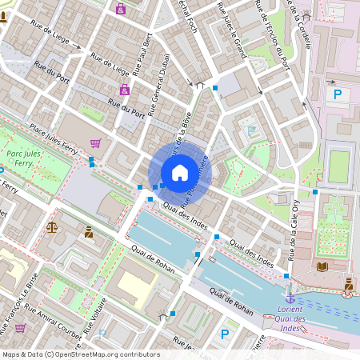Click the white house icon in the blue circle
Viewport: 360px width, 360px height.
(x=179, y=172)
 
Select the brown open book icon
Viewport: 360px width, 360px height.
(x=322, y=266)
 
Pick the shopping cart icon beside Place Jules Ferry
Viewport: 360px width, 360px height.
(x=96, y=143)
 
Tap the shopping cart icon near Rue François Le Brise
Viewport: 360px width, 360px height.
(x=20, y=327)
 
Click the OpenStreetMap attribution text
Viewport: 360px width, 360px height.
(x=80, y=354)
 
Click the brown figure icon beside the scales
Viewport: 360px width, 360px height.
(x=88, y=232)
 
